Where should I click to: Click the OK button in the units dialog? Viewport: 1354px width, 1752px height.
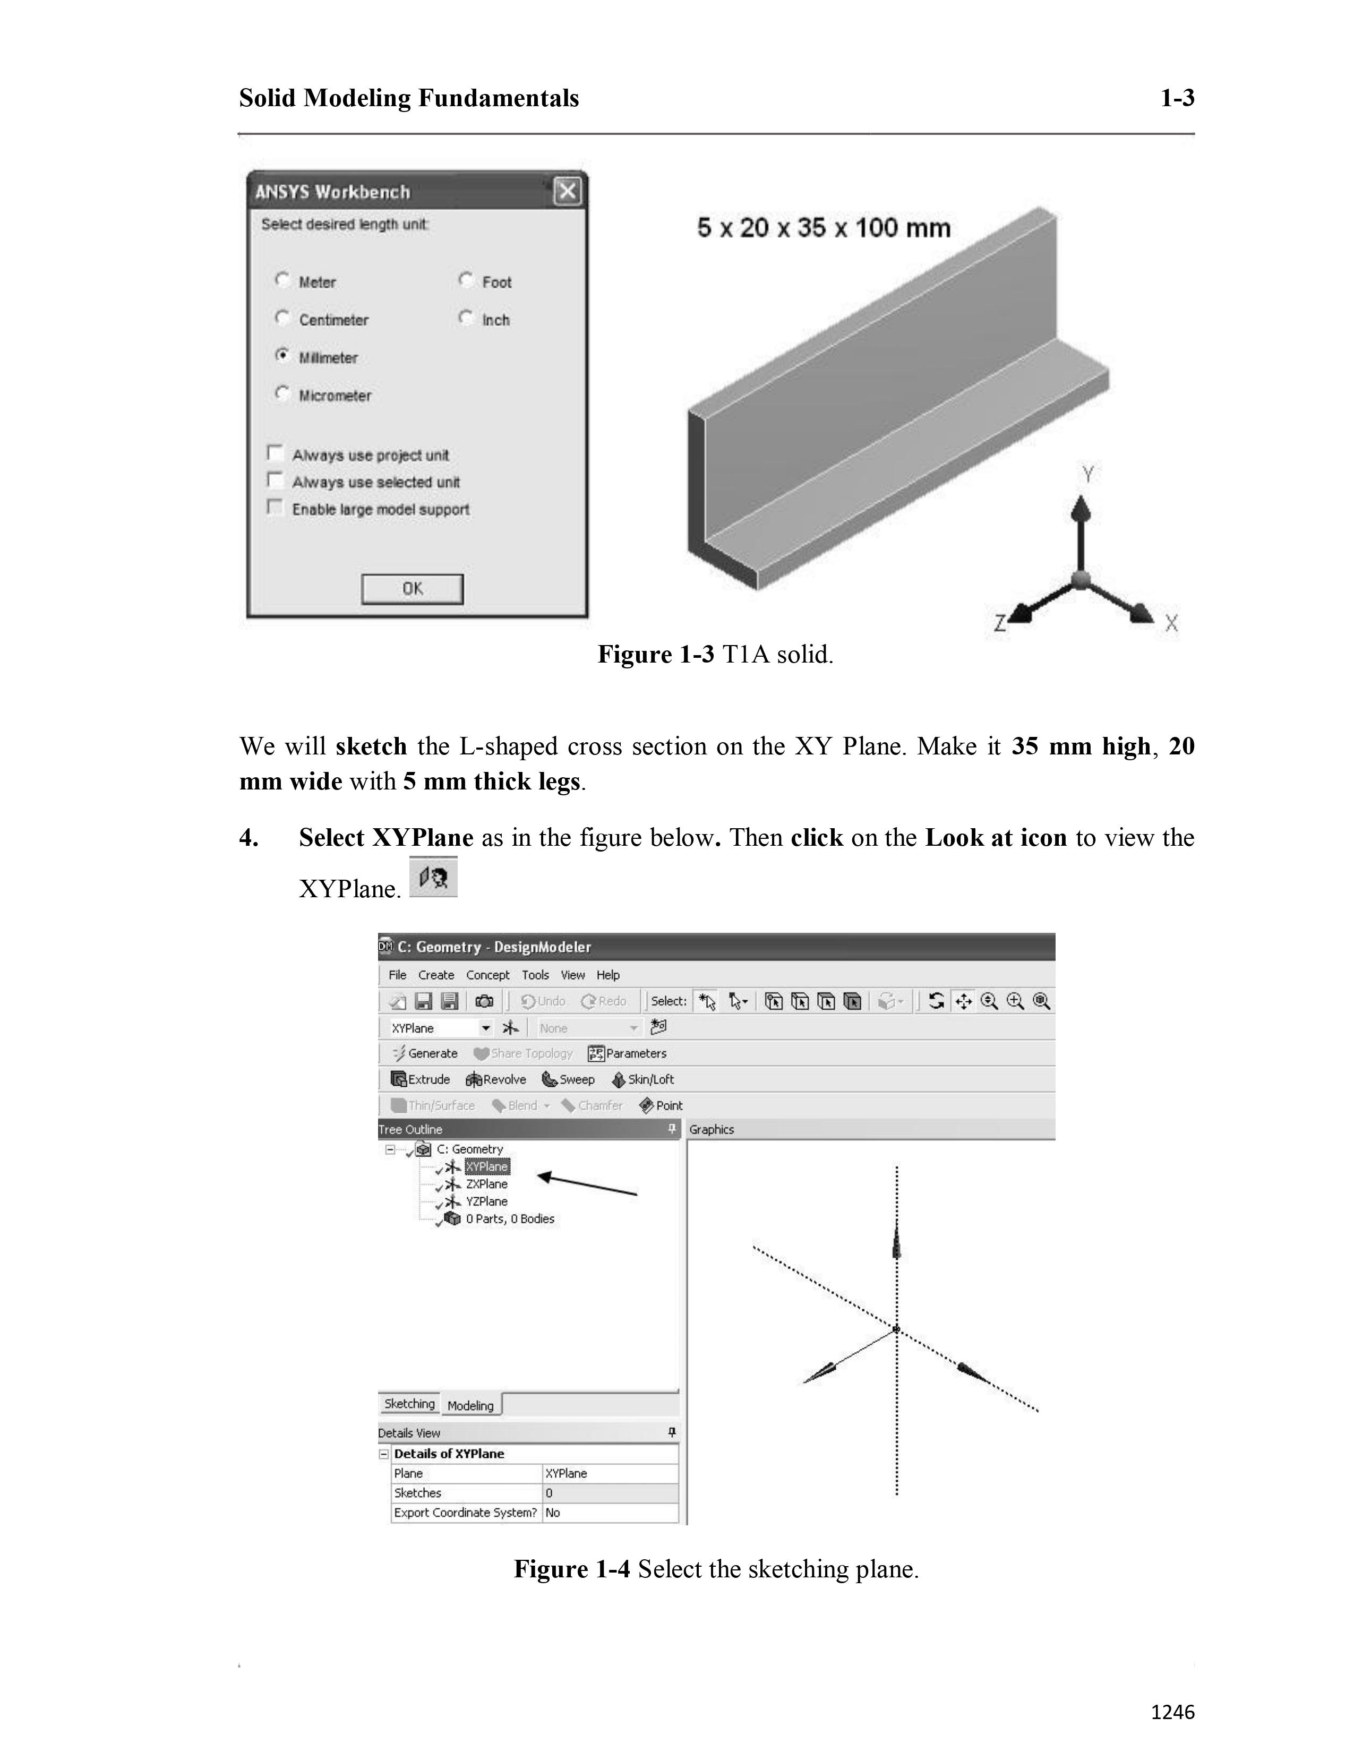tap(412, 589)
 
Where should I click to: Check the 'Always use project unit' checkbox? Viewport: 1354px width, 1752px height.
tap(275, 454)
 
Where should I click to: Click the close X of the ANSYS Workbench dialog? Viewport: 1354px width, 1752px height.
tap(567, 192)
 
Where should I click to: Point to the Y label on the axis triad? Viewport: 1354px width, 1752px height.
tap(1087, 475)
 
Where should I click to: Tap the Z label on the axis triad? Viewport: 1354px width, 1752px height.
tap(999, 623)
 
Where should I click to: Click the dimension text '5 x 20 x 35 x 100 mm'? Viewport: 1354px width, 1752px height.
tap(824, 228)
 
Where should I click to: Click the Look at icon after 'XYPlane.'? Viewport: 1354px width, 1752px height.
tap(433, 877)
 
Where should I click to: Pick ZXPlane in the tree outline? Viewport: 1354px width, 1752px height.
tap(486, 1184)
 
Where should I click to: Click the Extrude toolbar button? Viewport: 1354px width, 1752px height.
tap(421, 1079)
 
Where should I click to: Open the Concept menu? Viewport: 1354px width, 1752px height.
tap(487, 975)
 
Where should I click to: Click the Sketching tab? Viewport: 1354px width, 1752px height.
tap(409, 1403)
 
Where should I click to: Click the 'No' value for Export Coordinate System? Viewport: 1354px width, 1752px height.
tap(553, 1512)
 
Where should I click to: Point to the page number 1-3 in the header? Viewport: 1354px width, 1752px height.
tap(1177, 98)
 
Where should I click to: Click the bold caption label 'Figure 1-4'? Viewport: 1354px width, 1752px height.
tap(571, 1568)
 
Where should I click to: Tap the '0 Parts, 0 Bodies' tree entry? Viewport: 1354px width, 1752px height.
tap(509, 1218)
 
